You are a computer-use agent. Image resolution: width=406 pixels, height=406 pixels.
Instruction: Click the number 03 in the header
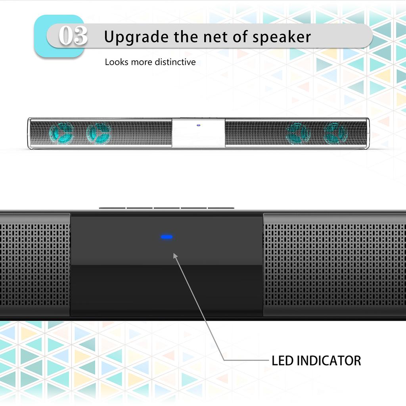point(73,35)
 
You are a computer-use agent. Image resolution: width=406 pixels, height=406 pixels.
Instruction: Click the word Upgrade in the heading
point(136,37)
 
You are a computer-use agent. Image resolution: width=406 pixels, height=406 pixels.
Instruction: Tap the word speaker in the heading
point(282,37)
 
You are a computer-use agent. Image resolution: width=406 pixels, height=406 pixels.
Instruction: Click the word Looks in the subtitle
point(117,62)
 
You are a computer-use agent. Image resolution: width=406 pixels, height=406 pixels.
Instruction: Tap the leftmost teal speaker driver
point(61,133)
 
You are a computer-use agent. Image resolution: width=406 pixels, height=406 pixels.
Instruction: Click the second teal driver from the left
point(99,133)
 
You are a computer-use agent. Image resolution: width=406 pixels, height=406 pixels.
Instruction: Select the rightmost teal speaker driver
point(335,133)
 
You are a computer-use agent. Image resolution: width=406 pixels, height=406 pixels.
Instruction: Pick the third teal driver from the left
point(298,133)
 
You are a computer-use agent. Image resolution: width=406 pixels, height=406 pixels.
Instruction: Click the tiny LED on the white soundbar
point(199,125)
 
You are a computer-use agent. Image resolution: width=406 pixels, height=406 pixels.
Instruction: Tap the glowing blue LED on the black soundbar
point(167,237)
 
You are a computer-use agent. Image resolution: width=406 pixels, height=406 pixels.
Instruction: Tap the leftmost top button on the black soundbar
point(112,208)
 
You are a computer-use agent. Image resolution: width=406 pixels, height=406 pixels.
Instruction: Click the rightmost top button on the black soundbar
point(221,208)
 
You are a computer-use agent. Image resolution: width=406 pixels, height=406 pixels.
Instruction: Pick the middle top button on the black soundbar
point(167,208)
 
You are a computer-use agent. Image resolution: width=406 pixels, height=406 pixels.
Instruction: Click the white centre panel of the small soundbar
point(198,133)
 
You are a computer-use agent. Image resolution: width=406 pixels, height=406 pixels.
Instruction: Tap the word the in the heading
point(186,36)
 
